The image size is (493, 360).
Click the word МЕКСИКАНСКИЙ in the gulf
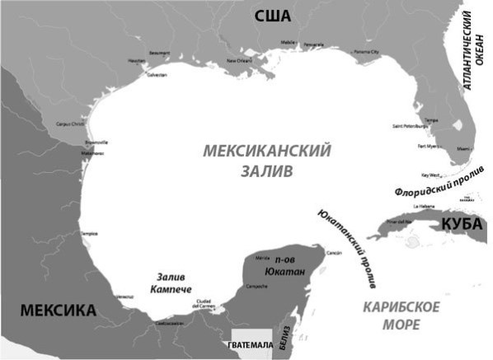point(266,152)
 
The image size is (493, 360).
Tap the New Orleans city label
point(242,61)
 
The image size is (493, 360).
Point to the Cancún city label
point(335,252)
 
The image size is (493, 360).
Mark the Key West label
point(431,175)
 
